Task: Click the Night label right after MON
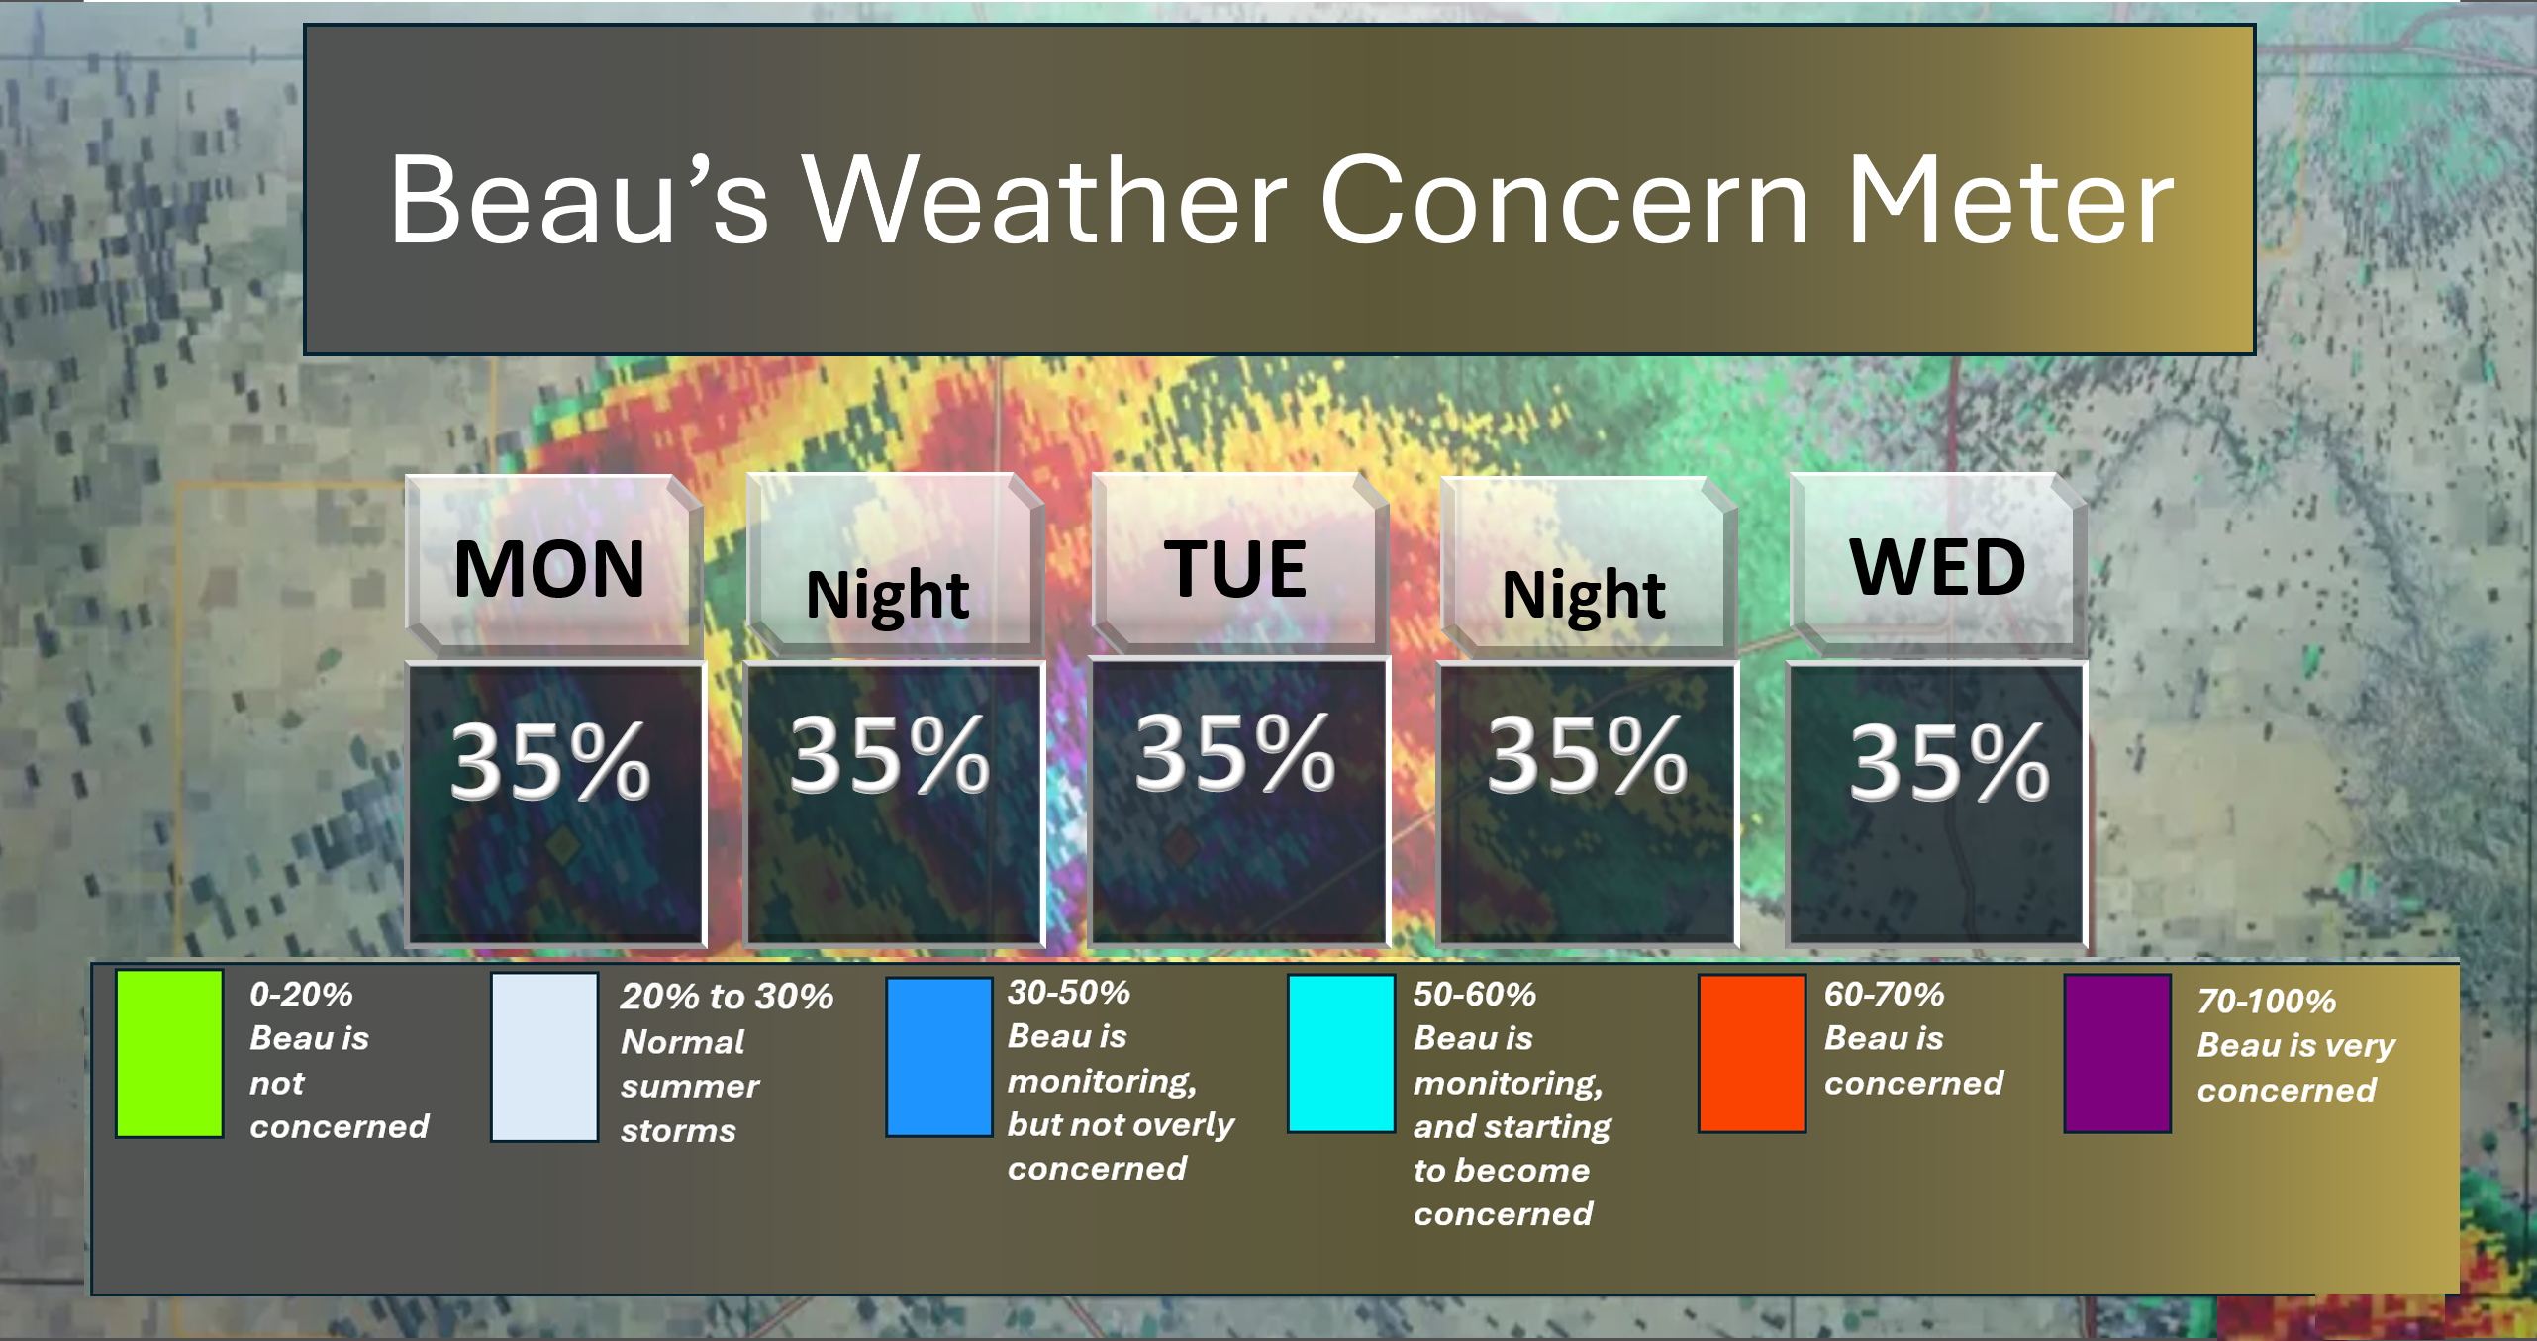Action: pos(888,596)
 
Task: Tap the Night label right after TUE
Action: pos(1584,596)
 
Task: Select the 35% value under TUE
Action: pos(1235,754)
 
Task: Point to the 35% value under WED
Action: pos(1949,761)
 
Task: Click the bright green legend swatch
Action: pos(169,1053)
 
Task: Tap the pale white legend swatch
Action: pos(544,1057)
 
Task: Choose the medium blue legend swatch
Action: pos(939,1057)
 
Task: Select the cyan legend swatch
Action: pos(1341,1053)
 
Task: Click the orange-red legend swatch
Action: pos(1752,1053)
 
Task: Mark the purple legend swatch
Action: pos(2117,1053)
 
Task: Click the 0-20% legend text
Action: pos(301,994)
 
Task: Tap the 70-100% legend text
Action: pos(2267,1001)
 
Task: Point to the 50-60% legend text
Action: pos(1475,994)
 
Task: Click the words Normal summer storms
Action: pos(690,1086)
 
